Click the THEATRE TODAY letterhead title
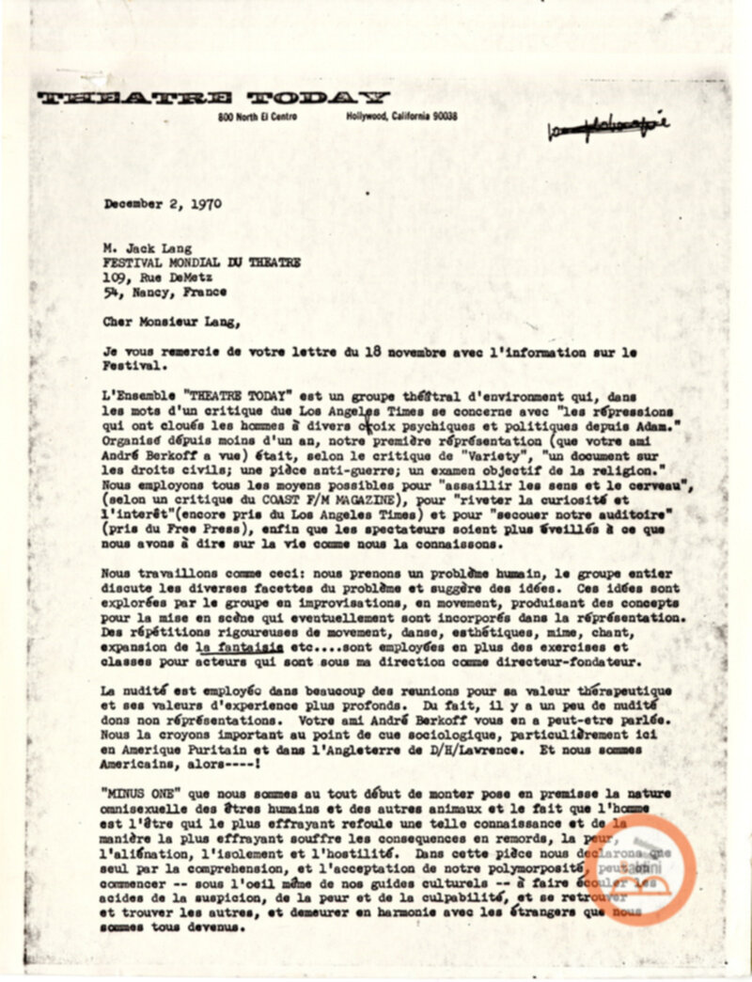[213, 97]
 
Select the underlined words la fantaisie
[231, 648]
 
